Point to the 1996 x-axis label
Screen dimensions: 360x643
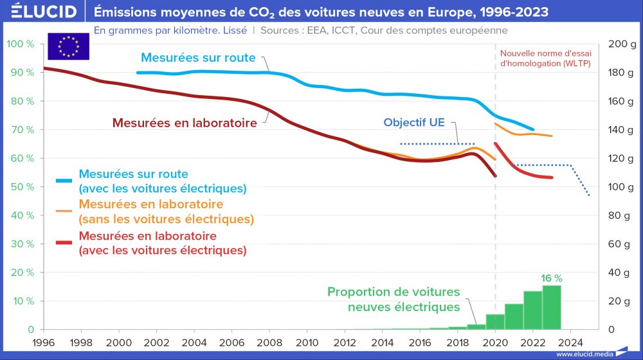coord(44,341)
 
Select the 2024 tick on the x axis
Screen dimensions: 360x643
coord(570,341)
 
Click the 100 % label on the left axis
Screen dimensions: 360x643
coord(20,44)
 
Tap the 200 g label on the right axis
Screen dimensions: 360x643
coord(621,44)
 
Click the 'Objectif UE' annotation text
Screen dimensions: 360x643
coord(413,122)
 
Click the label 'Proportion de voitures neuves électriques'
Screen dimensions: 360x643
coord(394,299)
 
